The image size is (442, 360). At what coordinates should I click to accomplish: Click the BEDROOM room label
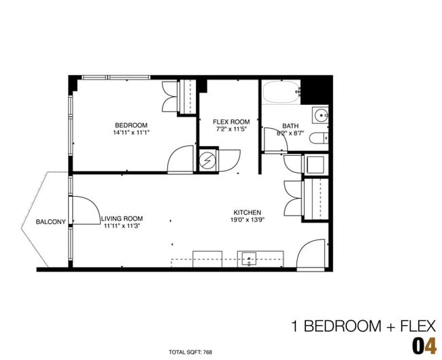[131, 125]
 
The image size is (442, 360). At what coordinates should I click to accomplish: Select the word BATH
[290, 126]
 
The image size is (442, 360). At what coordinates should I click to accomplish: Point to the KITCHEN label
[247, 212]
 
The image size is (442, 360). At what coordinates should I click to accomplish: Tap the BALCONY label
[51, 222]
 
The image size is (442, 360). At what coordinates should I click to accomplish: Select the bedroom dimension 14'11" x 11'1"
[131, 133]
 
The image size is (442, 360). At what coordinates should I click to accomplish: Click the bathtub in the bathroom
[281, 93]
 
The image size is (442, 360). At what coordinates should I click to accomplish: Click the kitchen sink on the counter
[248, 259]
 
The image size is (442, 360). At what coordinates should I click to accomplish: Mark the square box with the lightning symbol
[207, 161]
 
